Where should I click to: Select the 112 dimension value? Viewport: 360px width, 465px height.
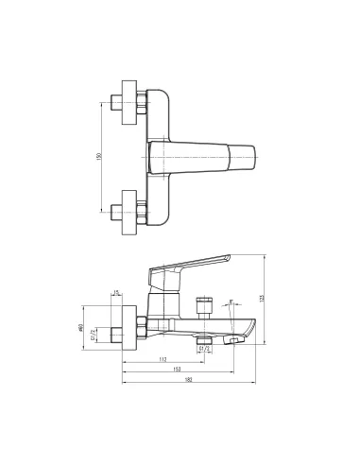point(163,359)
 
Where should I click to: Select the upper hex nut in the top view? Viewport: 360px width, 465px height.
point(142,102)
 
